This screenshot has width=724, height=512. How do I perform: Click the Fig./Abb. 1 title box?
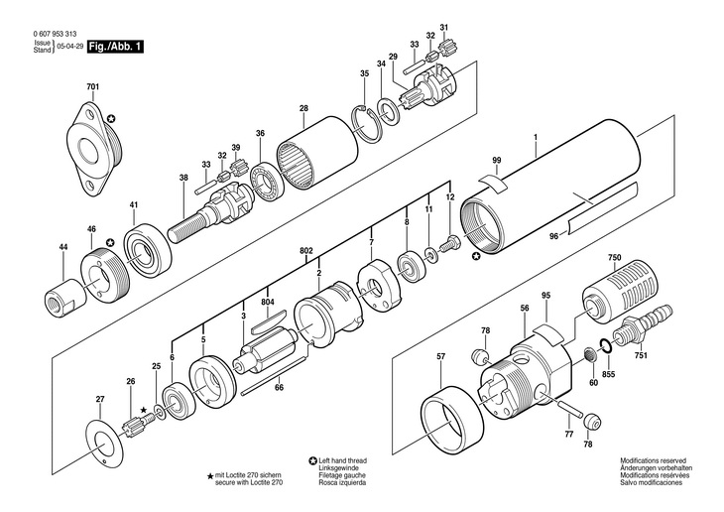(115, 47)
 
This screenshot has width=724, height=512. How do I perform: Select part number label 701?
(92, 88)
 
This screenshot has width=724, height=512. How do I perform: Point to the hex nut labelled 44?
(62, 296)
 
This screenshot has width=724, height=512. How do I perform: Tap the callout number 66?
(280, 388)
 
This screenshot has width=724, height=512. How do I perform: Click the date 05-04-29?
(69, 47)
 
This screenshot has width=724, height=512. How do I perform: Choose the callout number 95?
(544, 295)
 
